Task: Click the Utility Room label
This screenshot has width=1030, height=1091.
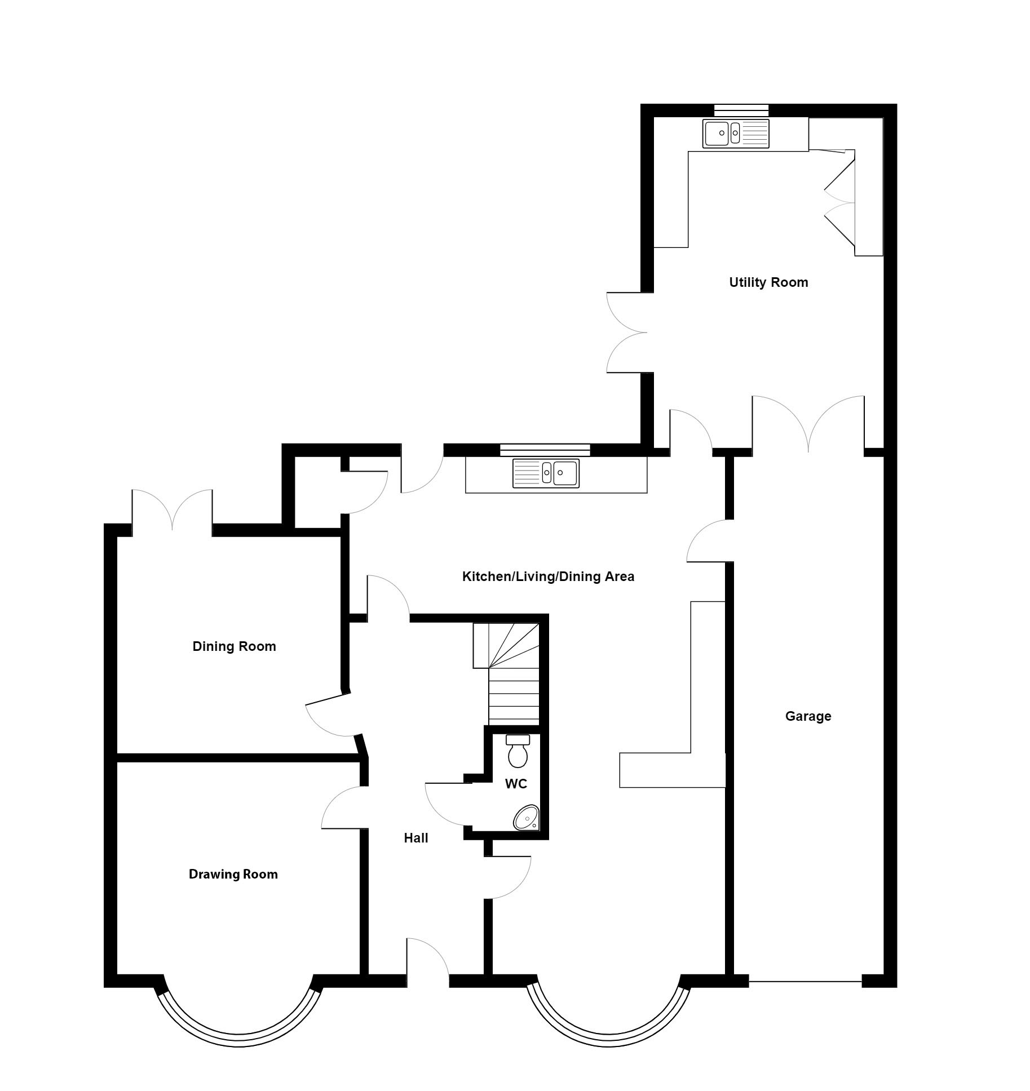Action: click(x=768, y=282)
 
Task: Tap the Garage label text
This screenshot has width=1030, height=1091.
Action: click(x=808, y=716)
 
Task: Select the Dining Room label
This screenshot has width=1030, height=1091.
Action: click(x=234, y=646)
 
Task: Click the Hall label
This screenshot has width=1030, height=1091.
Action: click(x=416, y=838)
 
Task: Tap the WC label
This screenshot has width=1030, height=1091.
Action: click(x=516, y=784)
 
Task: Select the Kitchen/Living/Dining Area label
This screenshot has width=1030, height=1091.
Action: click(x=548, y=576)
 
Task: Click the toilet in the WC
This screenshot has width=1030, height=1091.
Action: click(x=518, y=751)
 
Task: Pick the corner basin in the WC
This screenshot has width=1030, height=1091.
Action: click(x=527, y=818)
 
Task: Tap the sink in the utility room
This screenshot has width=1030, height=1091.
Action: click(x=736, y=134)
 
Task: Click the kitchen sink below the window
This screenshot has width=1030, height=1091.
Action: click(x=546, y=473)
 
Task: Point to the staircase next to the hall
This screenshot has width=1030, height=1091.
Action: click(x=506, y=673)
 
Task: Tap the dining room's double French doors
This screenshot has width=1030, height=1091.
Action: click(x=173, y=510)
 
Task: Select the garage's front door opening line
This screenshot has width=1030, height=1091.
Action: click(x=806, y=982)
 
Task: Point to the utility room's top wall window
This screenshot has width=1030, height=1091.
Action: click(x=741, y=110)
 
